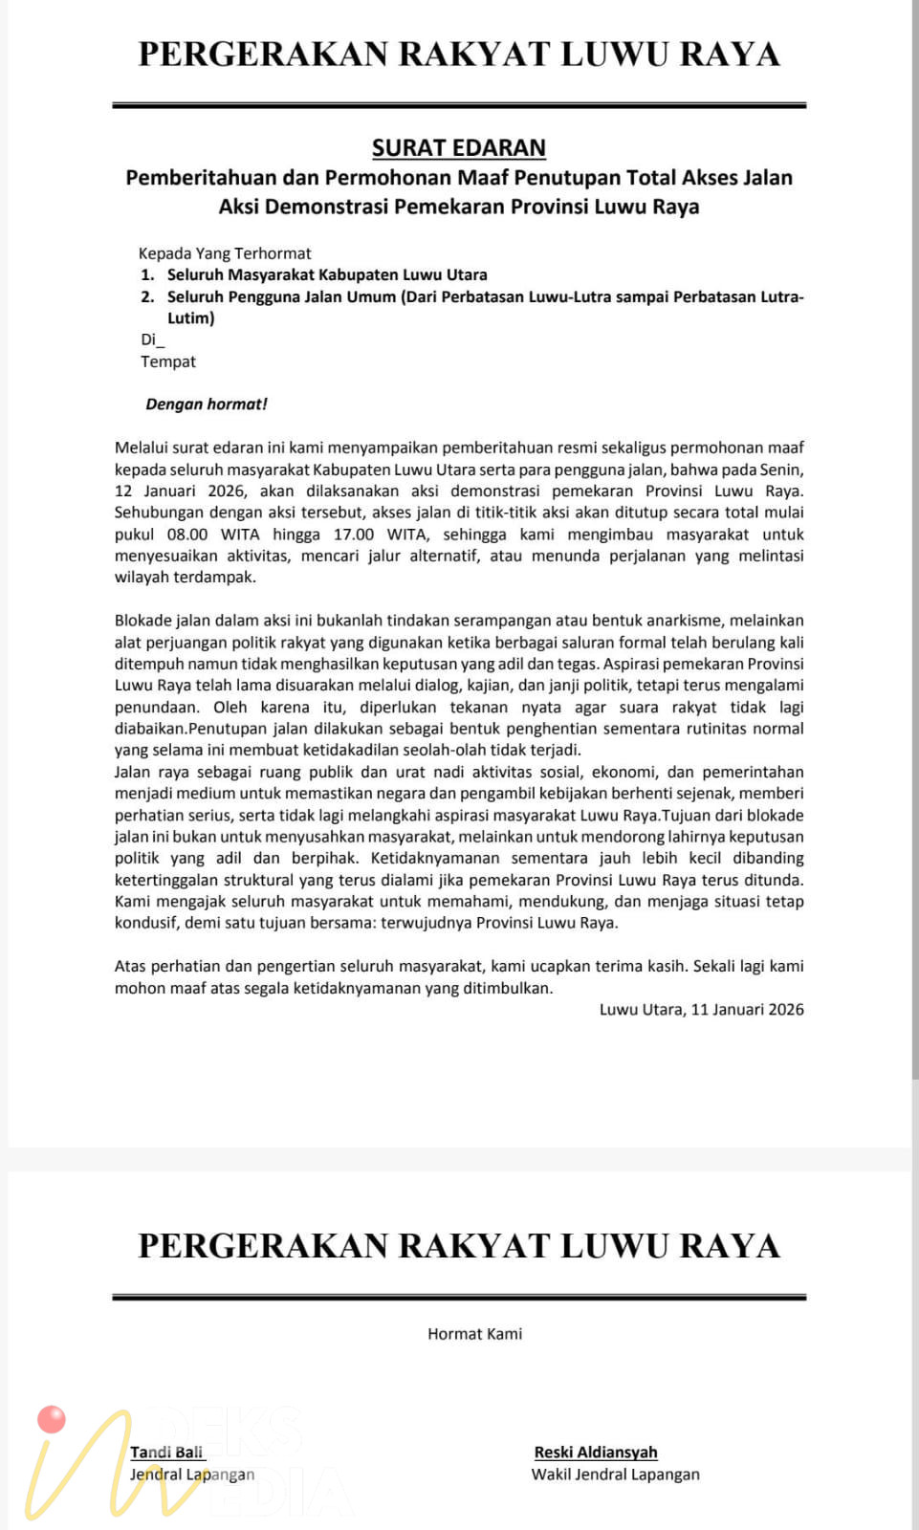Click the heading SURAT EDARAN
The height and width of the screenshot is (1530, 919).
pos(459,148)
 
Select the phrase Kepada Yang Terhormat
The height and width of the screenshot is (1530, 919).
pos(225,253)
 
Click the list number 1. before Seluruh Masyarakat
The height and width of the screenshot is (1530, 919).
pos(147,275)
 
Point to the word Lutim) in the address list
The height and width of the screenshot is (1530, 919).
pos(191,318)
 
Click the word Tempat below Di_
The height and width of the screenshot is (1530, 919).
pos(168,361)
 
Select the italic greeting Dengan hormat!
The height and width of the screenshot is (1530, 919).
pos(207,404)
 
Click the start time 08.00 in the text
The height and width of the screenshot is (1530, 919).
pos(187,535)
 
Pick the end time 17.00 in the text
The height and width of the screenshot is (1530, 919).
pos(354,535)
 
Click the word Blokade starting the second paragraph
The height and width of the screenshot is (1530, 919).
pos(143,621)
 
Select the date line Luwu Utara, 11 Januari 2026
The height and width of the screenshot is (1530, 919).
pos(701,1010)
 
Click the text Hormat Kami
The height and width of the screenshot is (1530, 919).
pos(474,1334)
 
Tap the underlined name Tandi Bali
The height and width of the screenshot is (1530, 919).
pos(166,1453)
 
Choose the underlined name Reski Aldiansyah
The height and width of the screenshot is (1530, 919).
pos(596,1453)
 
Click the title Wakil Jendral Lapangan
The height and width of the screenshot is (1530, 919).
pos(615,1475)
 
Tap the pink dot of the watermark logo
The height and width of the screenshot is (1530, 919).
pos(52,1420)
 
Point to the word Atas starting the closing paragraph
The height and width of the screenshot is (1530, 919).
pos(131,967)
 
